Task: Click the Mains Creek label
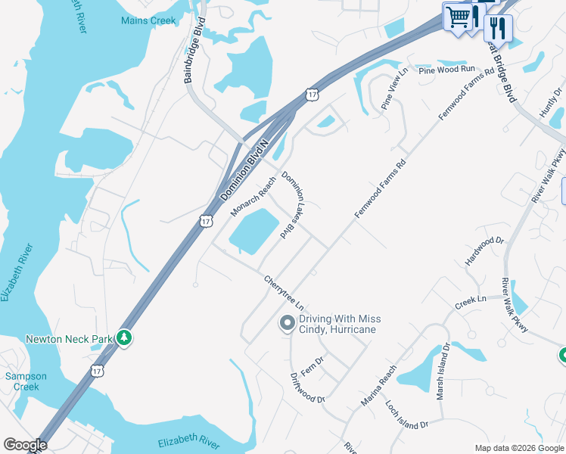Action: click(148, 20)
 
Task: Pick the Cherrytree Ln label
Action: click(284, 293)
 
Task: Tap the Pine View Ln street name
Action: click(394, 89)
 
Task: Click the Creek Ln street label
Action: click(471, 301)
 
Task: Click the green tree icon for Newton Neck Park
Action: click(124, 337)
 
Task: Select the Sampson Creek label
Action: click(26, 381)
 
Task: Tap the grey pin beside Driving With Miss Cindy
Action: click(287, 324)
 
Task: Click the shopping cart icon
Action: click(458, 17)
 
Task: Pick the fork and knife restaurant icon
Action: click(498, 28)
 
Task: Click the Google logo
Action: click(25, 445)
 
